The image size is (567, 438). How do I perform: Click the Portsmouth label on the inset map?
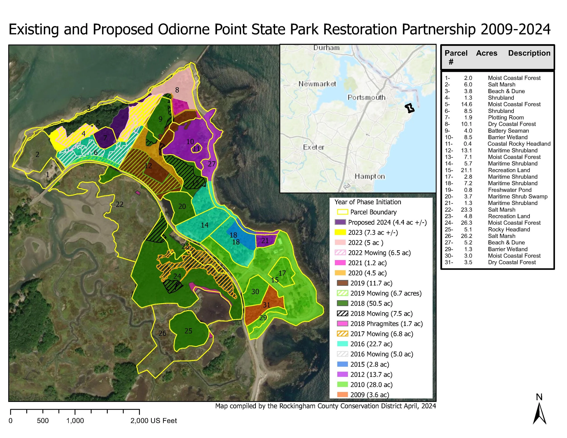pyautogui.click(x=366, y=97)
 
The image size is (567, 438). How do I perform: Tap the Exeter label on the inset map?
pyautogui.click(x=314, y=147)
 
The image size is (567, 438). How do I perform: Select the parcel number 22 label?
pyautogui.click(x=120, y=204)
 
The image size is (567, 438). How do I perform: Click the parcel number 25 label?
pyautogui.click(x=188, y=331)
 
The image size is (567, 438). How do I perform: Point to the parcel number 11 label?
pyautogui.click(x=197, y=149)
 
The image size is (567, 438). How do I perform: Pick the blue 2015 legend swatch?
pyautogui.click(x=342, y=364)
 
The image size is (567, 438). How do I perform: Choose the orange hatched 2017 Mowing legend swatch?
pyautogui.click(x=342, y=334)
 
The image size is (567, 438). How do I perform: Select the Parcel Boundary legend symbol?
pyautogui.click(x=342, y=212)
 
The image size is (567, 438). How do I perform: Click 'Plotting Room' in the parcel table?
pyautogui.click(x=506, y=117)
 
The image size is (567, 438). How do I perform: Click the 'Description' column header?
pyautogui.click(x=529, y=53)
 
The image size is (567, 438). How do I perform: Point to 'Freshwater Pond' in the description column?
pyautogui.click(x=509, y=190)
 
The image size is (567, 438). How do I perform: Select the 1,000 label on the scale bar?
pyautogui.click(x=75, y=421)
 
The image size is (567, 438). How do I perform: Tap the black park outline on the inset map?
pyautogui.click(x=409, y=108)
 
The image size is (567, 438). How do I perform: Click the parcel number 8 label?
pyautogui.click(x=177, y=90)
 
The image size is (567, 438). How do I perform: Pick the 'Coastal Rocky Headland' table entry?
pyautogui.click(x=519, y=144)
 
